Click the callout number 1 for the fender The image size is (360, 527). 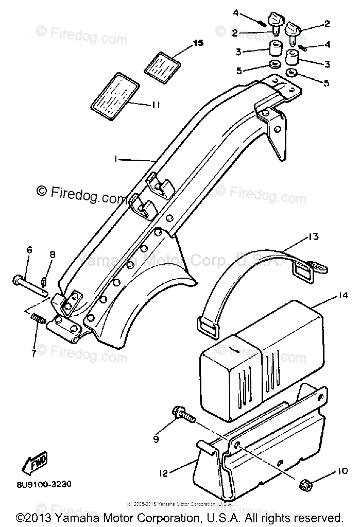[x=117, y=160]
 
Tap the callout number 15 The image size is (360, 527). [x=198, y=43]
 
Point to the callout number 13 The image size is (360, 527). [x=314, y=237]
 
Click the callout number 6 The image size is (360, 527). [x=29, y=250]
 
